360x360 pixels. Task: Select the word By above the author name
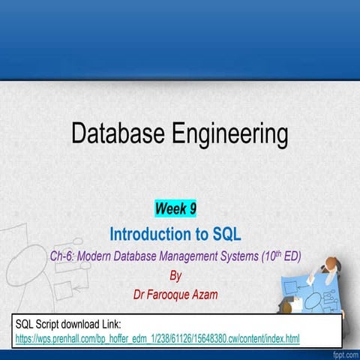click(176, 275)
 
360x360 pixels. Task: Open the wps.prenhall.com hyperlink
click(157, 340)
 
